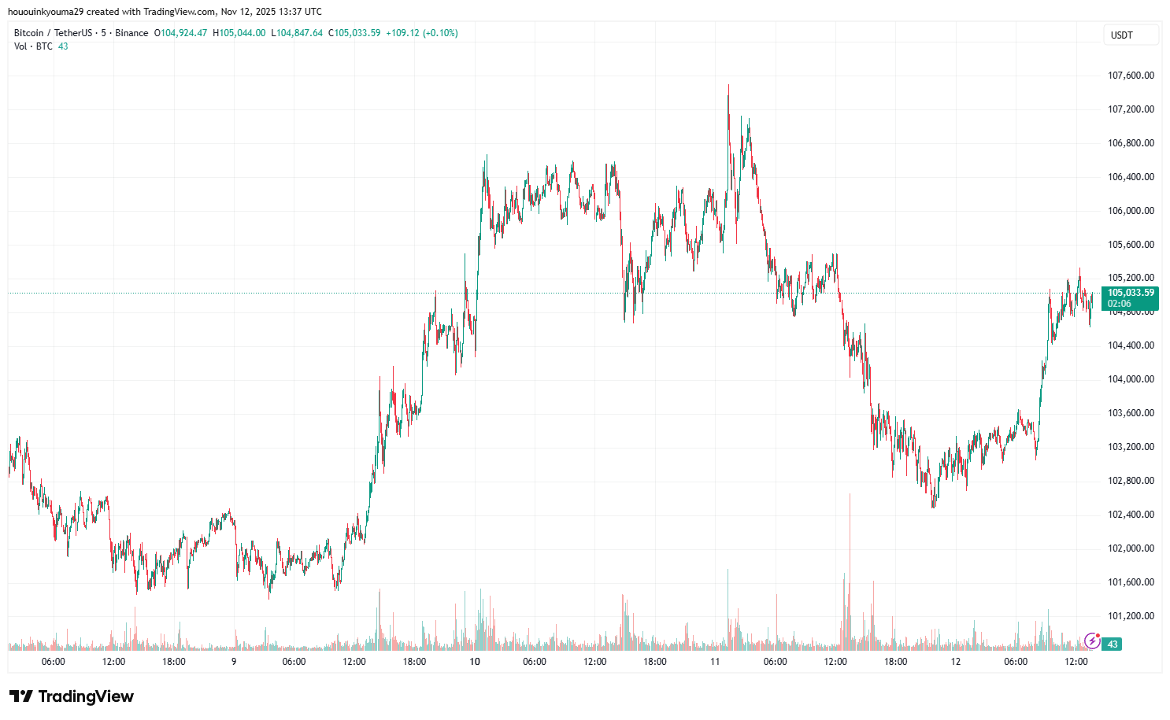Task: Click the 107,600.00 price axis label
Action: click(1131, 76)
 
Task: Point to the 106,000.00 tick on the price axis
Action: click(1131, 211)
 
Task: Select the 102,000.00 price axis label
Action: click(1131, 548)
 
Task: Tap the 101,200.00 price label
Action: click(1131, 616)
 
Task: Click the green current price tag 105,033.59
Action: click(1131, 293)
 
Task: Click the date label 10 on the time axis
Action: click(475, 662)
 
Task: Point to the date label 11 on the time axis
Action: click(715, 662)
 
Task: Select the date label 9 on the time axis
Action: click(234, 662)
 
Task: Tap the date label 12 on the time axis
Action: click(955, 662)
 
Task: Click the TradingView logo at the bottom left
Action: click(72, 696)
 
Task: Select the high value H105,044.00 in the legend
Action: click(239, 33)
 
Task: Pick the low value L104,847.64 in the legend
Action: click(297, 33)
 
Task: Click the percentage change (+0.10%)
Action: click(440, 33)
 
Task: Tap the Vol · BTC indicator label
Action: click(33, 46)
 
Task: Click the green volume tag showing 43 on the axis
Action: click(1113, 644)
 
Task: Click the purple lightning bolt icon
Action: click(1092, 641)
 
